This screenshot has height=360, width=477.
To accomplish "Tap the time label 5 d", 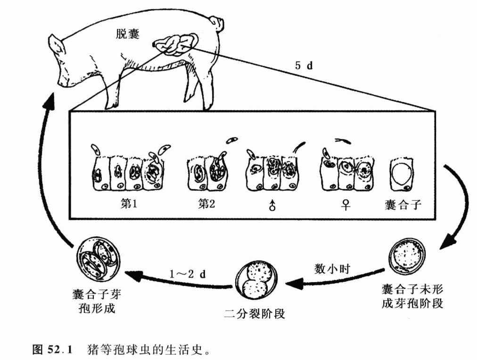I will (304, 66).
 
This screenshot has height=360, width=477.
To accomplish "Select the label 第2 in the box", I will (208, 206).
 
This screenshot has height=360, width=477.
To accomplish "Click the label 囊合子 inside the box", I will (403, 206).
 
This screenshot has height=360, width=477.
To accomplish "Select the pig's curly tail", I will (218, 21).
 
